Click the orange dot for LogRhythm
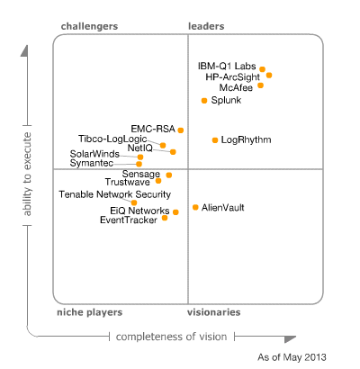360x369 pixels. tap(214, 140)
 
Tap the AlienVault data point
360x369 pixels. tap(195, 208)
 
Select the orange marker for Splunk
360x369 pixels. tap(204, 100)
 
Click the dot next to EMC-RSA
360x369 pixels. tap(181, 130)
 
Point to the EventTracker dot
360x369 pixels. tap(165, 218)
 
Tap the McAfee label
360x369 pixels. tap(236, 87)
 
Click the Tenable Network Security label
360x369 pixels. tap(114, 193)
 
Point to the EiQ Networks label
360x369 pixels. tap(133, 211)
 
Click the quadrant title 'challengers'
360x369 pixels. tap(89, 27)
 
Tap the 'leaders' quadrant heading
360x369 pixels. tap(206, 27)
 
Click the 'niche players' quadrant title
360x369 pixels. tap(85, 312)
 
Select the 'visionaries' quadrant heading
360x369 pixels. tap(213, 312)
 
